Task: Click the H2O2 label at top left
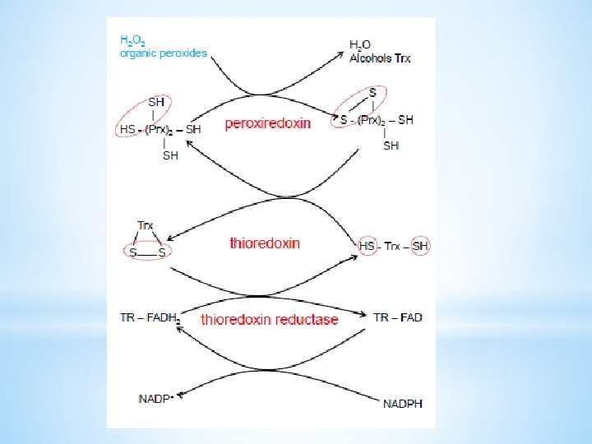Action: (134, 39)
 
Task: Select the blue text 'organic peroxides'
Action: (164, 53)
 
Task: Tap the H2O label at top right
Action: (359, 44)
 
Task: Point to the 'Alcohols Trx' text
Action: (380, 58)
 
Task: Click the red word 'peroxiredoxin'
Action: (268, 124)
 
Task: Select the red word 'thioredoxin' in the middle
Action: (265, 243)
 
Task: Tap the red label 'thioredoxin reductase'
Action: (270, 319)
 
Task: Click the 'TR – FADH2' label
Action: (150, 317)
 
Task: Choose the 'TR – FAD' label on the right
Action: (397, 317)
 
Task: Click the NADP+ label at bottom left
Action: (154, 399)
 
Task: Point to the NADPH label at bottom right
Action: (404, 403)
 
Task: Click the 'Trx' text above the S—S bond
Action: (146, 225)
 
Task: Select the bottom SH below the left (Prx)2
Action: (171, 155)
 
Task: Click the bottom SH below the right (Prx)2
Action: (391, 146)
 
